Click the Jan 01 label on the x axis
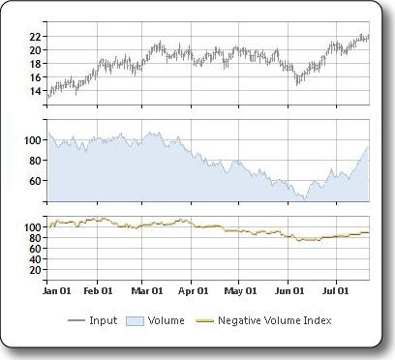tap(58, 289)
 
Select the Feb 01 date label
tap(99, 289)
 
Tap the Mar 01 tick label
tap(146, 289)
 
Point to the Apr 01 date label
tap(194, 289)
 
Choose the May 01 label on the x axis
tap(240, 289)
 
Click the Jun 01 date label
tap(289, 289)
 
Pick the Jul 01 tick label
tap(335, 289)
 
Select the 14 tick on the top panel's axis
tap(35, 92)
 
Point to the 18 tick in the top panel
tap(35, 64)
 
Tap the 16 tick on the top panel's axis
tap(35, 77)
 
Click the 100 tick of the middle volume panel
tap(32, 140)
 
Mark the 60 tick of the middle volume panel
tap(35, 181)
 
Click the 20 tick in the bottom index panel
tap(35, 271)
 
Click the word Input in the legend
tap(103, 320)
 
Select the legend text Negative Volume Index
tap(275, 320)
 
